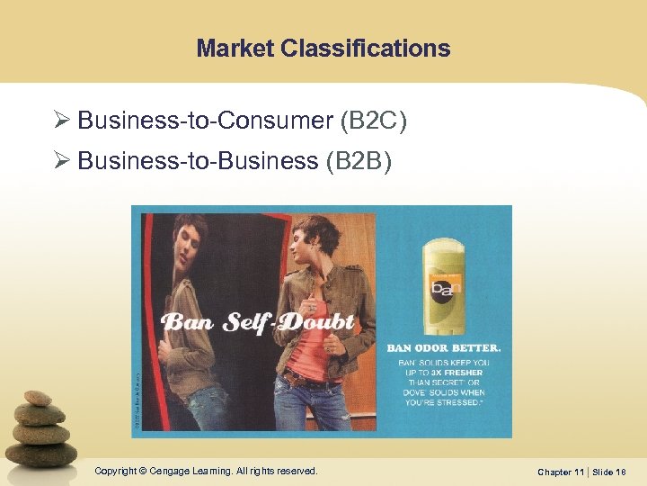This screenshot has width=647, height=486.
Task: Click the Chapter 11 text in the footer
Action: (562, 472)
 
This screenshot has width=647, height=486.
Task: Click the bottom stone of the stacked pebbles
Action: (42, 453)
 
